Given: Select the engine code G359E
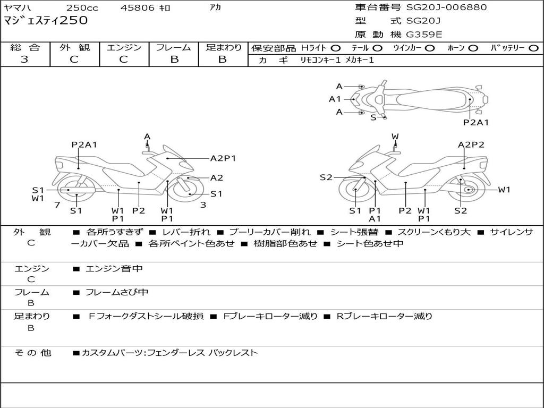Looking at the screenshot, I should click(424, 35).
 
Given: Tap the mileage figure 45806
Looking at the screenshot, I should click(138, 8).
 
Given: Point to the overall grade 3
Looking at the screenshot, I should click(24, 59).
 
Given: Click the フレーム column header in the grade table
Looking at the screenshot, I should click(174, 47).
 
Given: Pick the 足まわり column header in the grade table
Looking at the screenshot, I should click(223, 47).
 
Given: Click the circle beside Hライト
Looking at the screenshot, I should click(335, 48).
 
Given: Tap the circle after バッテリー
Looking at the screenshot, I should click(533, 48).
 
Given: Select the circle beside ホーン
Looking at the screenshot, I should click(473, 48).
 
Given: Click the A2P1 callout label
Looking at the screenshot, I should click(223, 158).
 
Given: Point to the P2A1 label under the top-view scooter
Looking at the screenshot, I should click(475, 122).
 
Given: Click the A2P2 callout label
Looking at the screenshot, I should click(471, 144).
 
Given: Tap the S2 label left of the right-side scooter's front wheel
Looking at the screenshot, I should click(326, 177).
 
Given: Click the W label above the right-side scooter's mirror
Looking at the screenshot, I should click(395, 137).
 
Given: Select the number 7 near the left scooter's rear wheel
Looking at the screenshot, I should click(57, 205).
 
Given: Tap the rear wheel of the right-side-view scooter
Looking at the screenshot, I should click(468, 190).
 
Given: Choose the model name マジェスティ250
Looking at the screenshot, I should click(46, 21).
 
